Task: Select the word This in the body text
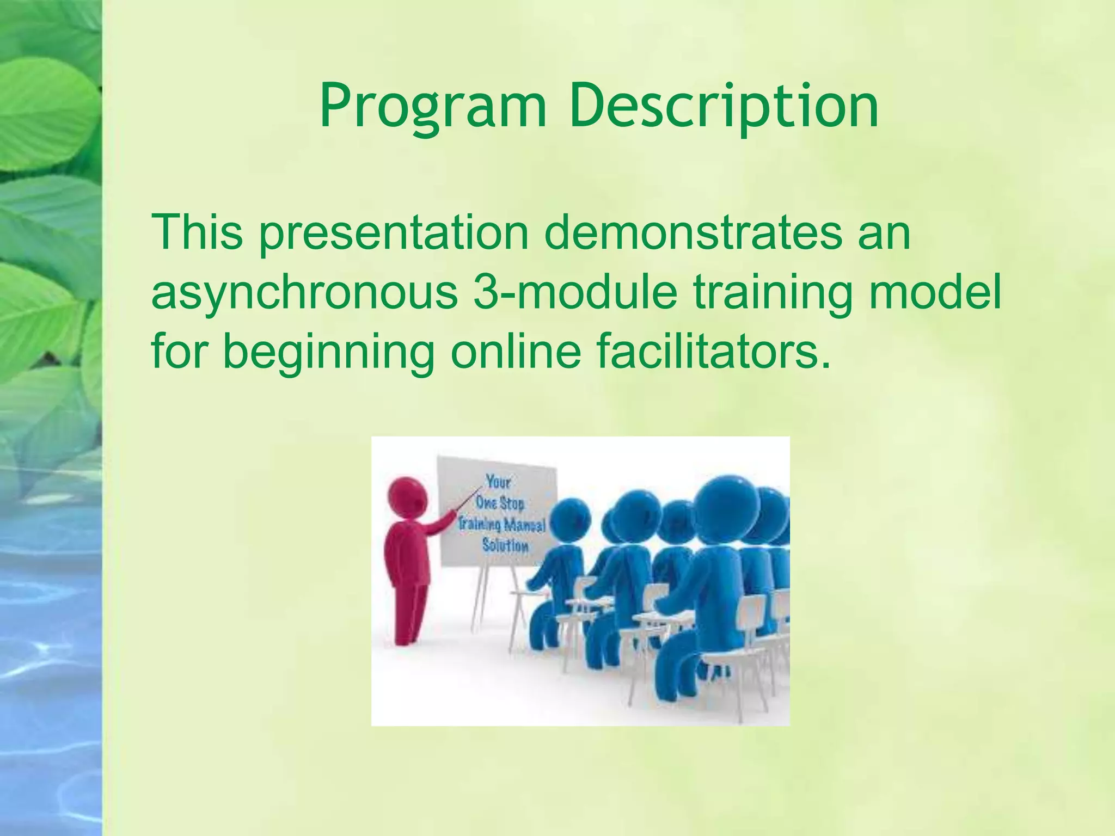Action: click(x=197, y=232)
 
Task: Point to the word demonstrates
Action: click(x=693, y=232)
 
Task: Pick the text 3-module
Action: click(x=575, y=292)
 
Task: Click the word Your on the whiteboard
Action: click(x=498, y=482)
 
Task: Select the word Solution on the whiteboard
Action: click(x=505, y=545)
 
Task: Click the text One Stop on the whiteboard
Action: click(x=500, y=502)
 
